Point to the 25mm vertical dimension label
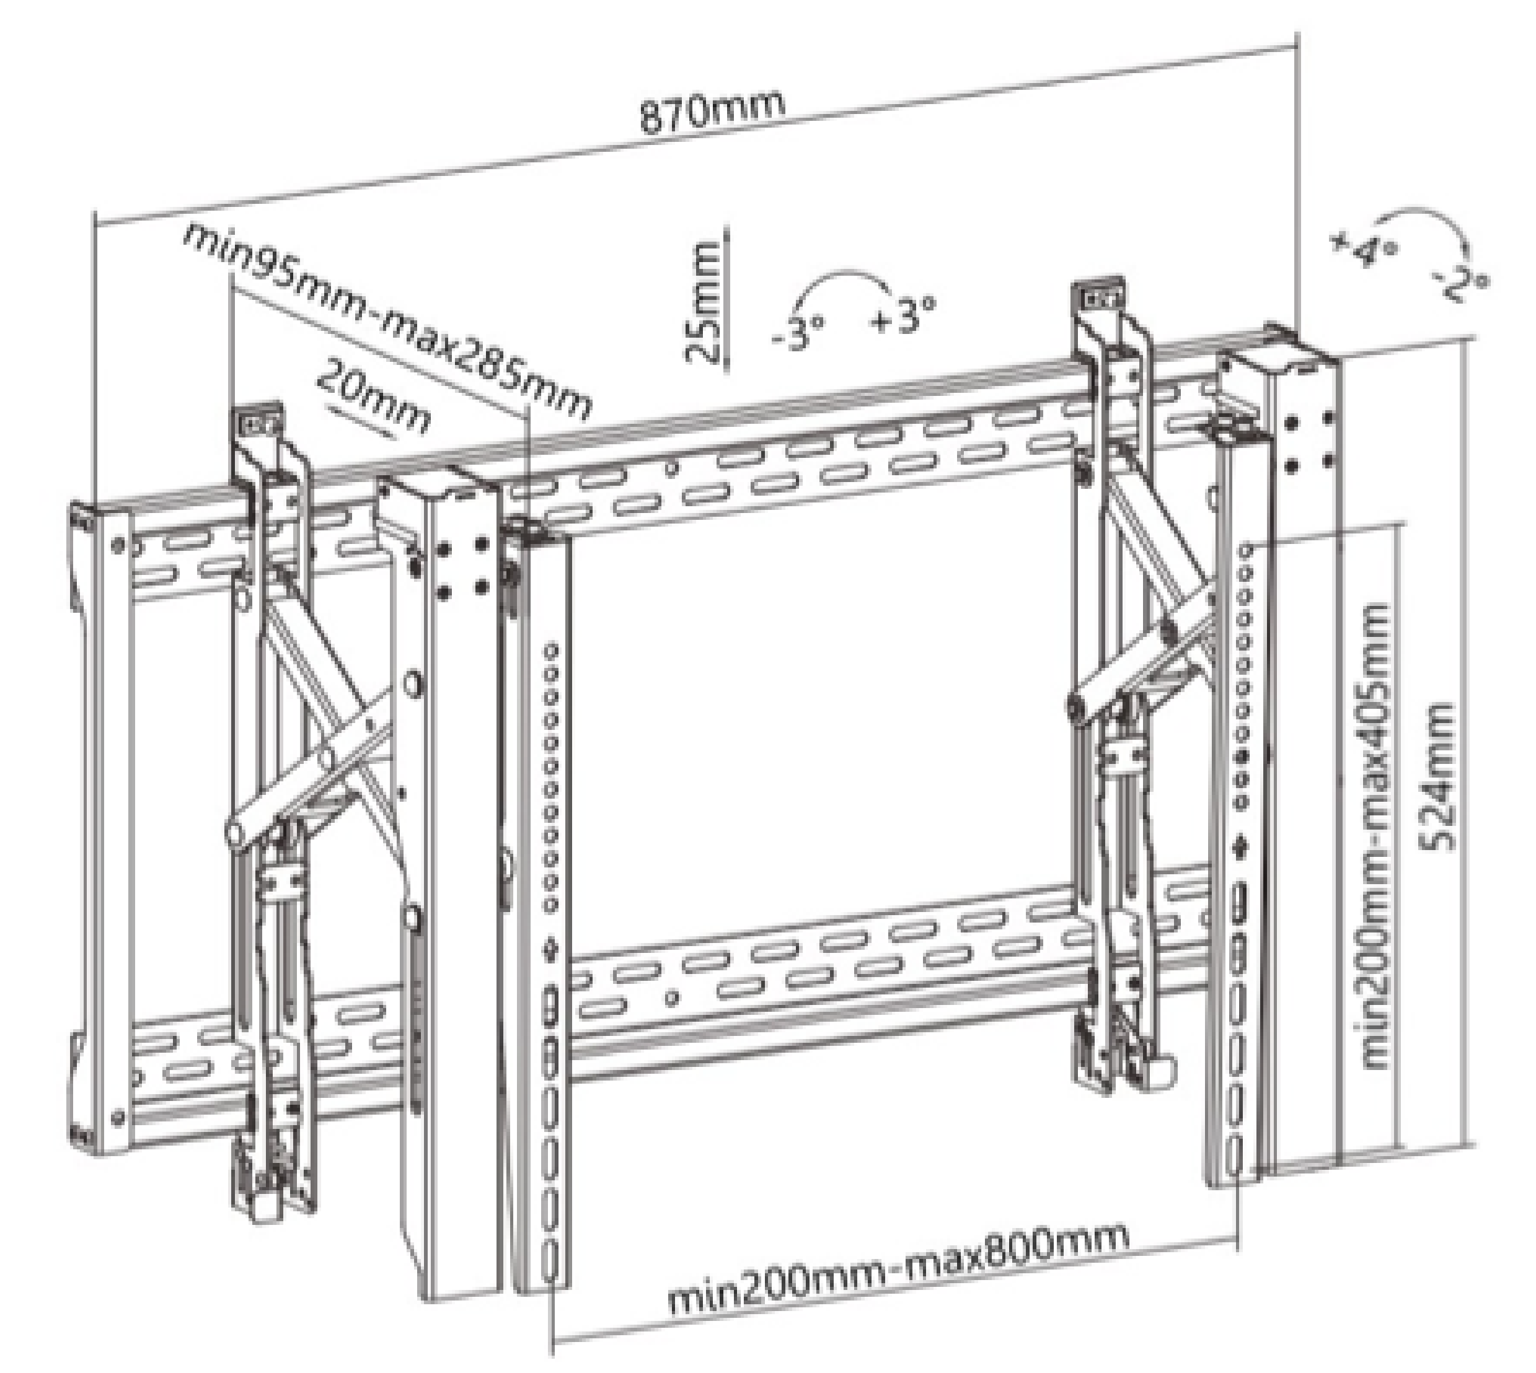pos(700,302)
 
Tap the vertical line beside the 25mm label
pos(726,302)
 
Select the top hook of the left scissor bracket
pos(257,420)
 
